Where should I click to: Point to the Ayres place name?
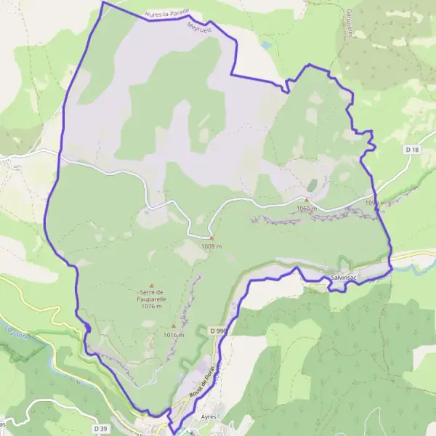coord(208,416)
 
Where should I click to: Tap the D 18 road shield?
coord(413,150)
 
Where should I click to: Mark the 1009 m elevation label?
coord(211,246)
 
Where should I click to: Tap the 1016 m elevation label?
coord(174,335)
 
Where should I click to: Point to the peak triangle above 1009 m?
coord(211,238)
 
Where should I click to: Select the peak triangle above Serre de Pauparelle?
coord(152,285)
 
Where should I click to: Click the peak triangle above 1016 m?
coord(173,326)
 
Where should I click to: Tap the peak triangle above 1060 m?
coord(307,201)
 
